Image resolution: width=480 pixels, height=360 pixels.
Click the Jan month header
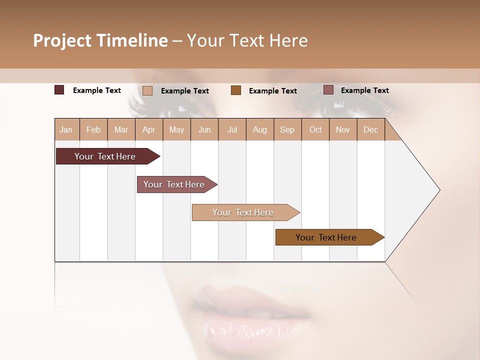[66, 130]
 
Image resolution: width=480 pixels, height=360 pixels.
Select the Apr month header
[148, 130]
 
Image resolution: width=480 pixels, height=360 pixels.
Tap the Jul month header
[232, 130]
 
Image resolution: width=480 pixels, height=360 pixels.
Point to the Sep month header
[287, 130]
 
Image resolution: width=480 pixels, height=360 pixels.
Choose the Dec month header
[370, 130]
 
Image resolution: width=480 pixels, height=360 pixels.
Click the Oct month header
[315, 130]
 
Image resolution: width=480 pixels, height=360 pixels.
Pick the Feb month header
[93, 130]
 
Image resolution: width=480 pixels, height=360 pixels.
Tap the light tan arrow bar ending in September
[243, 212]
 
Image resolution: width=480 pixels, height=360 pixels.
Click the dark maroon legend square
[59, 90]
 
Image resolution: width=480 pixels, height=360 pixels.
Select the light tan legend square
[147, 90]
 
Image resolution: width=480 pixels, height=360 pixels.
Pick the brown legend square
[236, 90]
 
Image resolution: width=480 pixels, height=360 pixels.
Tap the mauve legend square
[328, 90]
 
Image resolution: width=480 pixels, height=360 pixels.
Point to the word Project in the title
[62, 40]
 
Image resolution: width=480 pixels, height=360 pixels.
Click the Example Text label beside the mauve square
[364, 90]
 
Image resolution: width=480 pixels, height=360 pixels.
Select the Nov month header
[343, 130]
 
